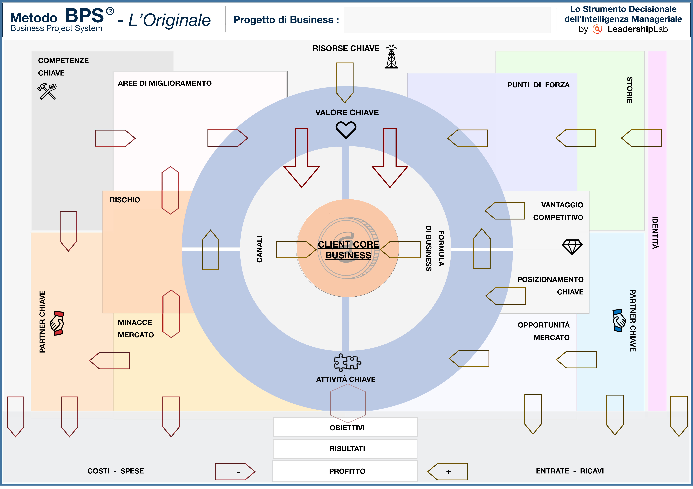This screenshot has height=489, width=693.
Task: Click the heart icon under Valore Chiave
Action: point(346,130)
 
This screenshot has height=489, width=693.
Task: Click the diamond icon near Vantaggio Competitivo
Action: point(572,247)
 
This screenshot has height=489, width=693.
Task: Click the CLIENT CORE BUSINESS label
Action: point(348,250)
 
